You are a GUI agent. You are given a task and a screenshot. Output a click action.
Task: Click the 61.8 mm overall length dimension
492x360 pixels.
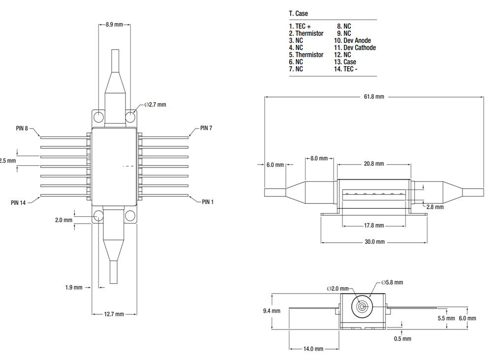click(373, 97)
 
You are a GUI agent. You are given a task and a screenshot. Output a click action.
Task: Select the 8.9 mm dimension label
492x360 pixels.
click(114, 24)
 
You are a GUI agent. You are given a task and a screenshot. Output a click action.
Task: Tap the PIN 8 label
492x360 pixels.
click(22, 128)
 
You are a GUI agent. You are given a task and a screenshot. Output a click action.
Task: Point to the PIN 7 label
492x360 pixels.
click(206, 128)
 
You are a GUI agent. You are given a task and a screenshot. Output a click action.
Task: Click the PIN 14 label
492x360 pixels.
click(18, 202)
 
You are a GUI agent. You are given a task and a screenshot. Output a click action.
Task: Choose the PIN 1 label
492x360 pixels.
click(208, 202)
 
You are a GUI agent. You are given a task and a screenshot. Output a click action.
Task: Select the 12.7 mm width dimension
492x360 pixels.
click(114, 314)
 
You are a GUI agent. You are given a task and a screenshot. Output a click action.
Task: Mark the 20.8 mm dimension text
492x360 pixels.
click(373, 164)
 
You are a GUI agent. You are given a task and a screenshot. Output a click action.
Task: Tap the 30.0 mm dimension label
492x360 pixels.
click(374, 242)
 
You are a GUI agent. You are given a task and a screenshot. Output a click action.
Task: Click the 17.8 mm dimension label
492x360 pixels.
click(374, 226)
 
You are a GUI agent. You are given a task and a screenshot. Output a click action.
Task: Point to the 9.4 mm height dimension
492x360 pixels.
click(272, 311)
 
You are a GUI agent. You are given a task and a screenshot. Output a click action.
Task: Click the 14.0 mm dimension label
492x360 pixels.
click(313, 349)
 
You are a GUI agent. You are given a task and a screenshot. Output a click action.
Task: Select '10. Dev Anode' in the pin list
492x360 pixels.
click(352, 40)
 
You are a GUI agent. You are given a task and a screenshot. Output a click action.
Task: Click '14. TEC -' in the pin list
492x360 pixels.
click(346, 69)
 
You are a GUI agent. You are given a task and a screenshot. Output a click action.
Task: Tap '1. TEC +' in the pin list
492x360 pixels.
click(300, 26)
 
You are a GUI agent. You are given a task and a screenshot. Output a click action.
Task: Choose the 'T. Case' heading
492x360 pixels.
click(298, 13)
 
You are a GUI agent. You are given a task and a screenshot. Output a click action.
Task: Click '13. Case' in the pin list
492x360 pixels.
click(345, 62)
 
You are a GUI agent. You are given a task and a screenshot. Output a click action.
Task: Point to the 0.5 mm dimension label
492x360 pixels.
click(402, 338)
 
